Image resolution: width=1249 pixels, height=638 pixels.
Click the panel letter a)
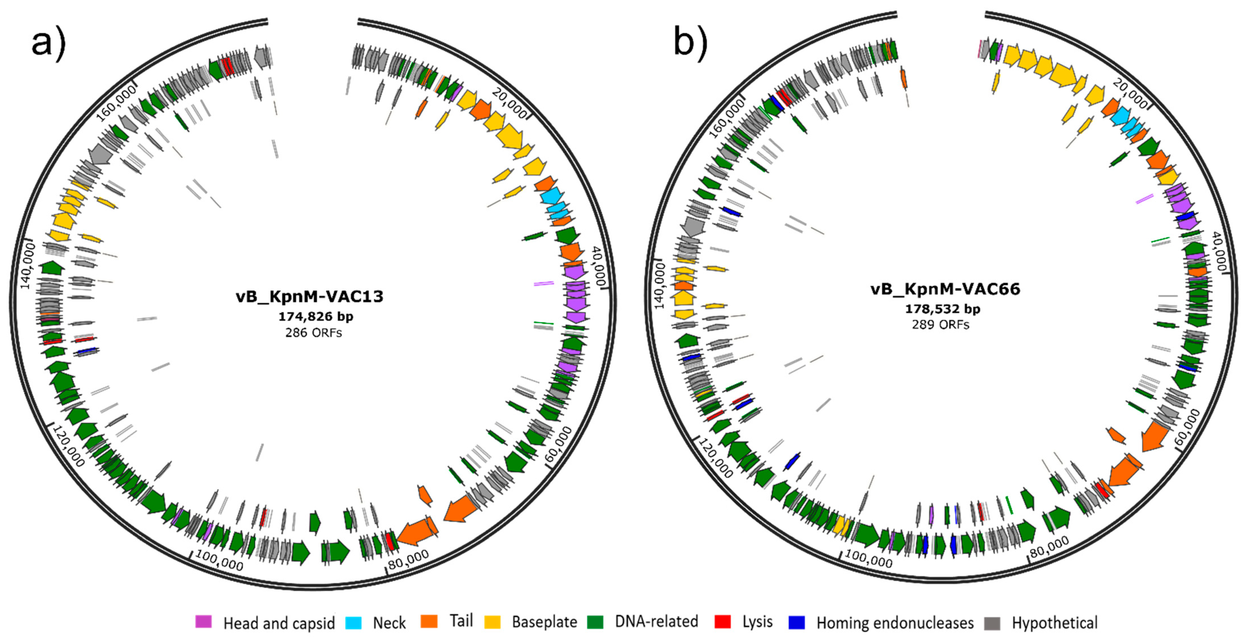pyautogui.click(x=48, y=44)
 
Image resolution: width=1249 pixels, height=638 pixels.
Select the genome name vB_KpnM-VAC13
pyautogui.click(x=309, y=296)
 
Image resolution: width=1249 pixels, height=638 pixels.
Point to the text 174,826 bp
pyautogui.click(x=316, y=317)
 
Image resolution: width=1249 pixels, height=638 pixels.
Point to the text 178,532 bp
pyautogui.click(x=943, y=309)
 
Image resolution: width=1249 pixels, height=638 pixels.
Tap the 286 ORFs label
pyautogui.click(x=313, y=333)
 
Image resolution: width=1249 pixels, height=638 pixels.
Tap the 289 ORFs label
pyautogui.click(x=941, y=325)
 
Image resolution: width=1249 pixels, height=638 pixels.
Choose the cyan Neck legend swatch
pyautogui.click(x=353, y=622)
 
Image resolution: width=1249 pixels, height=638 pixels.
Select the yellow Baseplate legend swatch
pyautogui.click(x=493, y=622)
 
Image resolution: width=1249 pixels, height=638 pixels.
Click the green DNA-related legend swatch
pyautogui.click(x=595, y=622)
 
